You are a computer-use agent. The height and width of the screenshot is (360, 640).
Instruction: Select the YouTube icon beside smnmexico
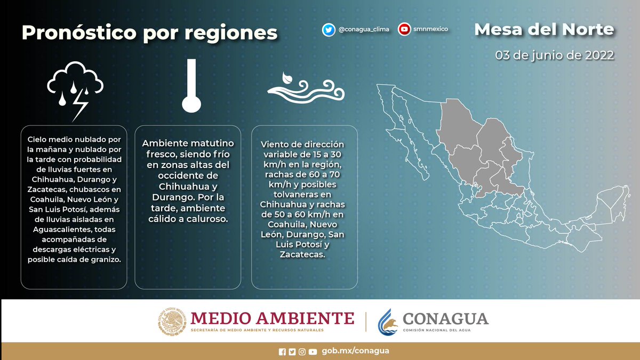coord(404,30)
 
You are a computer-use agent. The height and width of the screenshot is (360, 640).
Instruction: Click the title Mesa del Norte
coord(544,29)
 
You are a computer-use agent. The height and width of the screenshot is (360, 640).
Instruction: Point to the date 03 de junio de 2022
coord(555,55)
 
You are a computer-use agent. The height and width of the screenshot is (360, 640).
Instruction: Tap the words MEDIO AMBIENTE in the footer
coord(272,318)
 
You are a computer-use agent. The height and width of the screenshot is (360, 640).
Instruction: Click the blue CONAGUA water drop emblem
coord(388,322)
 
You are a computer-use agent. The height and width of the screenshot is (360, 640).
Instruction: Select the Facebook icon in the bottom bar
coord(282,351)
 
